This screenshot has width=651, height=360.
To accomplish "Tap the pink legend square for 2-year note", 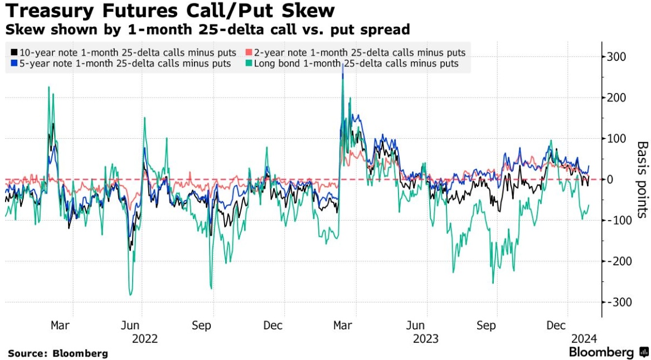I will (x=249, y=52).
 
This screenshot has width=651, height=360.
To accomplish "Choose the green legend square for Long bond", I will (x=249, y=64).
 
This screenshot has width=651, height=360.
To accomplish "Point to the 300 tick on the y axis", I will (x=617, y=57).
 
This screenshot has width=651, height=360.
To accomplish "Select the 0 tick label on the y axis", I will (x=611, y=179).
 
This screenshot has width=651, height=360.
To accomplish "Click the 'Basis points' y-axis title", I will (x=642, y=179).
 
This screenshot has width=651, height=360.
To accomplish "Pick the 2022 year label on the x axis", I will (x=144, y=338).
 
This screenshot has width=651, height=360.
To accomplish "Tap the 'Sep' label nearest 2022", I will (x=202, y=325).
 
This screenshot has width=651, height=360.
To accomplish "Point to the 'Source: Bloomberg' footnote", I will (x=57, y=353).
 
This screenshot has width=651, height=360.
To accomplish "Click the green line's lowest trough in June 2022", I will (x=131, y=295).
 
